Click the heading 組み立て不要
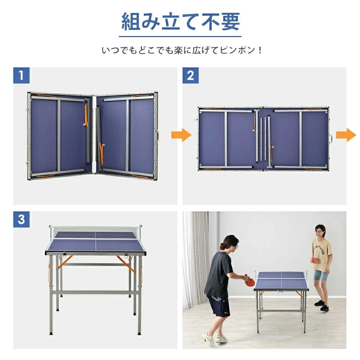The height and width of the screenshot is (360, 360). [x=180, y=22]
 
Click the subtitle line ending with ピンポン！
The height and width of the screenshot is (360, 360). [x=182, y=50]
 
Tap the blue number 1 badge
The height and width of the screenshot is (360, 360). [x=21, y=76]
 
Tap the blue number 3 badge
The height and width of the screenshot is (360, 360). [x=21, y=220]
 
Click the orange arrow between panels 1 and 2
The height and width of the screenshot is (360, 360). [x=186, y=135]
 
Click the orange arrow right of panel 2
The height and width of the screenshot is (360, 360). [x=346, y=135]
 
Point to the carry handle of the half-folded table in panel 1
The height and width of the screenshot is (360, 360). [x=157, y=136]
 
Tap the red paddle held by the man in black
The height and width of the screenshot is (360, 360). [x=249, y=282]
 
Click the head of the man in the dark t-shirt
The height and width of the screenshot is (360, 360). [x=230, y=243]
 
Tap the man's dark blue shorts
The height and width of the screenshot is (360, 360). [x=219, y=306]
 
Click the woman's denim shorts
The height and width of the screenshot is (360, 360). [x=321, y=275]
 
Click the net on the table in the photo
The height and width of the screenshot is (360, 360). [x=282, y=275]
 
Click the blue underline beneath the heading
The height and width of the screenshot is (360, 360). [x=180, y=36]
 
